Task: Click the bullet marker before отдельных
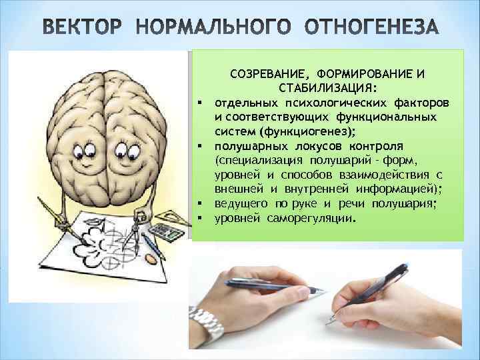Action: click(199, 102)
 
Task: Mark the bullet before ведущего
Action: click(199, 204)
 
